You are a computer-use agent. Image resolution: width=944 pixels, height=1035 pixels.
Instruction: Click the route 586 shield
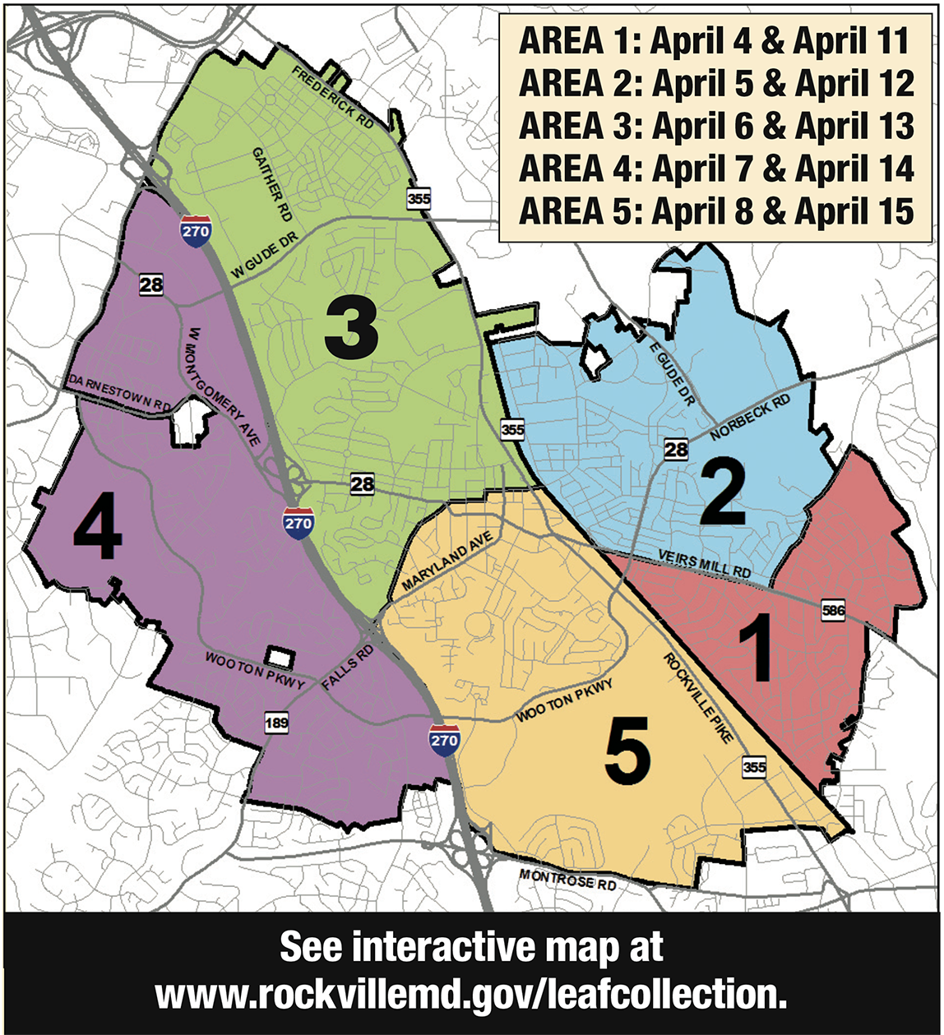(x=832, y=611)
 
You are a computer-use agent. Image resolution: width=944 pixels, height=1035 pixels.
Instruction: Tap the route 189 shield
(x=276, y=723)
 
